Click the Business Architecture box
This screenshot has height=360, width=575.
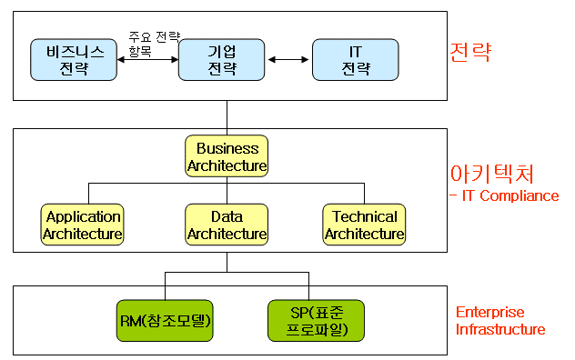click(x=227, y=156)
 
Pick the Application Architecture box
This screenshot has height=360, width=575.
click(x=83, y=225)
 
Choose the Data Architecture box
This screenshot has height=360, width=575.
click(x=227, y=225)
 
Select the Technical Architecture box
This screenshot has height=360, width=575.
click(x=364, y=225)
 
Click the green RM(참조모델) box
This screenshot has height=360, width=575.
click(x=166, y=320)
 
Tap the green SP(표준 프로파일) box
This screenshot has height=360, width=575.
click(x=308, y=320)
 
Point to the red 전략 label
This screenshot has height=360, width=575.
click(x=470, y=52)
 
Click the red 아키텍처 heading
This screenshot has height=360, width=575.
click(x=491, y=174)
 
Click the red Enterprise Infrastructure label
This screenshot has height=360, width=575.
click(x=500, y=321)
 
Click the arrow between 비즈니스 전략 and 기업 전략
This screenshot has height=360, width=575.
click(x=148, y=60)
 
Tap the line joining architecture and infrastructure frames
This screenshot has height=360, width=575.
click(x=227, y=263)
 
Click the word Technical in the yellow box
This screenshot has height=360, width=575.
click(x=364, y=216)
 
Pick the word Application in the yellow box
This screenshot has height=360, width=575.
click(x=83, y=216)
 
